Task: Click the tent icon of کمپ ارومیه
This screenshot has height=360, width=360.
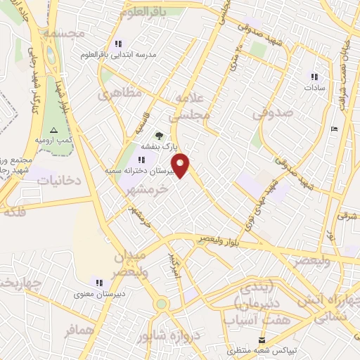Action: pyautogui.click(x=54, y=131)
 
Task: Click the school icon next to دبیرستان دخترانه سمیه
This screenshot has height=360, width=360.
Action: pyautogui.click(x=132, y=160)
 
